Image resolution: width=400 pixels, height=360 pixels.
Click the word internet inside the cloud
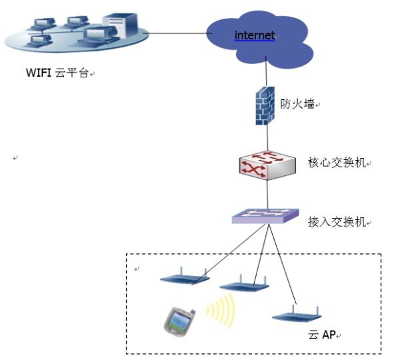(x=254, y=35)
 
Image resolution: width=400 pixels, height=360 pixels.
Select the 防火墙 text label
(x=297, y=104)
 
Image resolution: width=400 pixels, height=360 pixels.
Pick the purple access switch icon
(x=265, y=217)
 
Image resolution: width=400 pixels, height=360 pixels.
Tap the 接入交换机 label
(x=337, y=222)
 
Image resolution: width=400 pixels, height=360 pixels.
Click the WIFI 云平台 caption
(x=57, y=73)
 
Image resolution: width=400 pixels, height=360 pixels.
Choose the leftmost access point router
(x=185, y=278)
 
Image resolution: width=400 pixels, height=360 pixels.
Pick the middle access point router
(x=243, y=285)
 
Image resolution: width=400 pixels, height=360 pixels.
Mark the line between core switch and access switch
(x=267, y=195)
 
